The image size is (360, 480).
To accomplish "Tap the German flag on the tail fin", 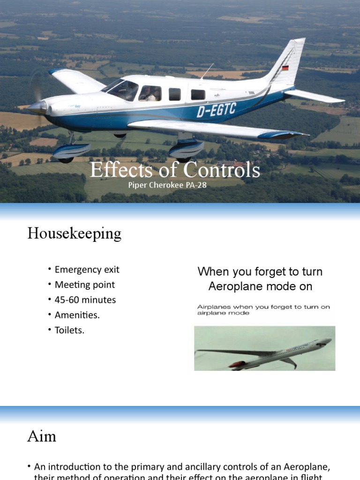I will pyautogui.click(x=285, y=68).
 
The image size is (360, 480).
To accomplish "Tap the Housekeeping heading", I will pyautogui.click(x=74, y=233).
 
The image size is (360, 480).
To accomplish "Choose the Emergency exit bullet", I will pyautogui.click(x=87, y=270).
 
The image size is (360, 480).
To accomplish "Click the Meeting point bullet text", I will pyautogui.click(x=84, y=285).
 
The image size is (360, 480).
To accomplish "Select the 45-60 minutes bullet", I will pyautogui.click(x=85, y=300).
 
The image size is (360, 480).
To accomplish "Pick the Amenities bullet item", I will pyautogui.click(x=77, y=315).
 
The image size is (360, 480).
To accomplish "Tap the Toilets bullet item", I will pyautogui.click(x=69, y=330).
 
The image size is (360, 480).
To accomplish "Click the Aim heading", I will pyautogui.click(x=42, y=436).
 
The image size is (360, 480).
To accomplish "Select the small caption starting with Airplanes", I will pyautogui.click(x=263, y=310).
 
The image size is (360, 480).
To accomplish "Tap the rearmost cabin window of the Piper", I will pyautogui.click(x=198, y=95).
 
